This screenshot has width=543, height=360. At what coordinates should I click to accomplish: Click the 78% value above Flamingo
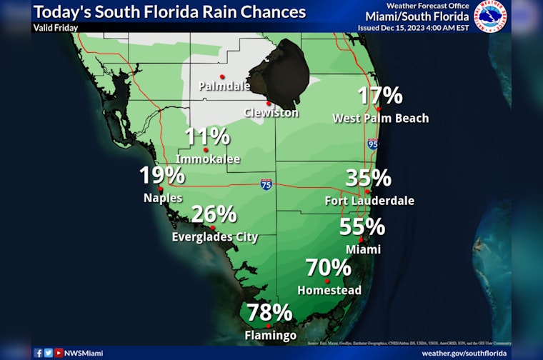[x=269, y=313]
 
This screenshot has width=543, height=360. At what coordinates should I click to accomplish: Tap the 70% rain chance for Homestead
[x=328, y=268]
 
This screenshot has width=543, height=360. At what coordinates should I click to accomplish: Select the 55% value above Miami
[x=362, y=227]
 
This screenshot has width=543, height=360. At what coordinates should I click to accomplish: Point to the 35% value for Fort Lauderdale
[x=368, y=178]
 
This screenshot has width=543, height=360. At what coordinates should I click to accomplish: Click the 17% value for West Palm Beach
[x=380, y=96]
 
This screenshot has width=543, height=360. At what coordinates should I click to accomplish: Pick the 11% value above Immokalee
[x=206, y=137]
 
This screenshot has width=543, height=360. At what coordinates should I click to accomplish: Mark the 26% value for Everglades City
[x=214, y=214]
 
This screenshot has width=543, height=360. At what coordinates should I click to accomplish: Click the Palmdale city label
[x=224, y=86]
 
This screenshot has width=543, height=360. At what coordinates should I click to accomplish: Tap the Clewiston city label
[x=271, y=113]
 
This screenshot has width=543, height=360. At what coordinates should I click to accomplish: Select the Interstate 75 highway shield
[x=266, y=184]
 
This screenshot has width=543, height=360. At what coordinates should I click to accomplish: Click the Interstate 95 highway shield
[x=372, y=144]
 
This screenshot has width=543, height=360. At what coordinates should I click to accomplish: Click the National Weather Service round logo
[x=491, y=17]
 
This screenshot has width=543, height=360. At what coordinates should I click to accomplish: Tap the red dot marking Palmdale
[x=223, y=76]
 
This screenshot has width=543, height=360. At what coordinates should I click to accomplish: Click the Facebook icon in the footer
[x=38, y=352]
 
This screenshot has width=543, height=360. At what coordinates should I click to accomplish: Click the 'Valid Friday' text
[x=55, y=28]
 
